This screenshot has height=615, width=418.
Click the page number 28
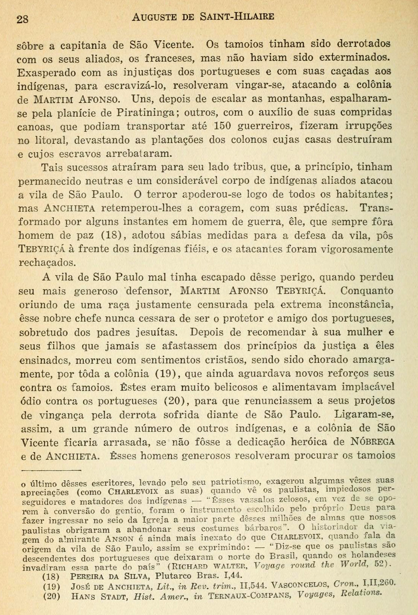click(23, 18)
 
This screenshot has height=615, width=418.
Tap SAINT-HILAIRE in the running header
click(241, 17)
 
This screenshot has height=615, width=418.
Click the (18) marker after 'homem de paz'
click(113, 236)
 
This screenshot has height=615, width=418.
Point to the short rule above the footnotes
click(52, 470)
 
